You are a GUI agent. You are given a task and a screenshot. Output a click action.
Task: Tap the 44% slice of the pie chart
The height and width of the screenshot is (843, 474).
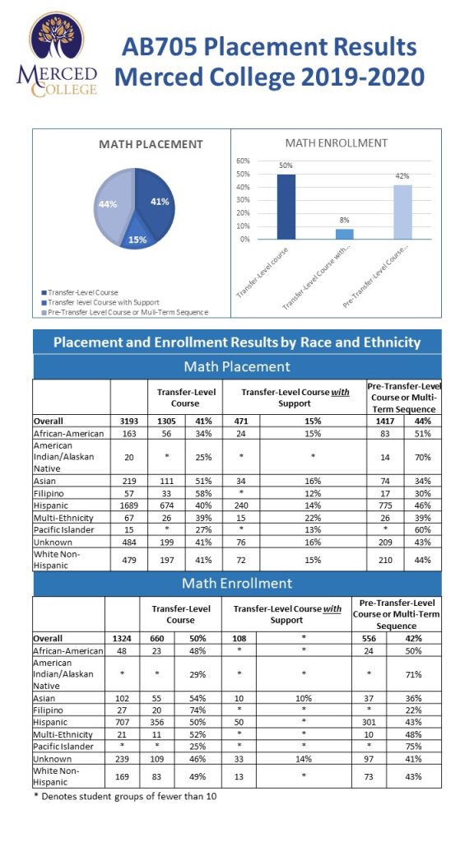pyautogui.click(x=112, y=204)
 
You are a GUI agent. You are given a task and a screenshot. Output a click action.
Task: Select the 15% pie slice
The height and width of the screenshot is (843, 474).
pyautogui.click(x=138, y=238)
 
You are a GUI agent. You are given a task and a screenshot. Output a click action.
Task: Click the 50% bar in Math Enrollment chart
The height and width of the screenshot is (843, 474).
pyautogui.click(x=286, y=207)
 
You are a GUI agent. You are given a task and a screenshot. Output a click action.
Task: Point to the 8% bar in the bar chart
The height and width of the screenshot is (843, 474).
pyautogui.click(x=345, y=234)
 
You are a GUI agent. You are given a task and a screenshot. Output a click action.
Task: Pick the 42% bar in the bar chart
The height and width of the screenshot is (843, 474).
pyautogui.click(x=402, y=212)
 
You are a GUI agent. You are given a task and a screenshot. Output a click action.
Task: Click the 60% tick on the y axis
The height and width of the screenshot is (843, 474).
pyautogui.click(x=243, y=161)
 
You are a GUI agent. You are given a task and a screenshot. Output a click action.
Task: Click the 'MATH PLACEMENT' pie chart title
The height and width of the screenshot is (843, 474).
pyautogui.click(x=151, y=144)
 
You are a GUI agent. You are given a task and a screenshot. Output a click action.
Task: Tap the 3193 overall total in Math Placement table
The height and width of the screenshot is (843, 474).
pyautogui.click(x=129, y=421)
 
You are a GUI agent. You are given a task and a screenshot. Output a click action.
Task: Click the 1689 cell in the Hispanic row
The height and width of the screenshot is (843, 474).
pyautogui.click(x=129, y=505)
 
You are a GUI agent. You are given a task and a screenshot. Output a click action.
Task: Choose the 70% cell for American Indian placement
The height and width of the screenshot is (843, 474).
pyautogui.click(x=422, y=458)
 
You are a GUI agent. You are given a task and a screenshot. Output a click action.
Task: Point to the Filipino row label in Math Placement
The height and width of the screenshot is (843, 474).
pyautogui.click(x=47, y=493)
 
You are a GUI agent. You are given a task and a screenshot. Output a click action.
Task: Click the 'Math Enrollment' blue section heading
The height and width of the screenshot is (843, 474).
pyautogui.click(x=237, y=584)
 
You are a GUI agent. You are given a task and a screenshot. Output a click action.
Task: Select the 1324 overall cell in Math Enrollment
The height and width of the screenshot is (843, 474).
pyautogui.click(x=123, y=639)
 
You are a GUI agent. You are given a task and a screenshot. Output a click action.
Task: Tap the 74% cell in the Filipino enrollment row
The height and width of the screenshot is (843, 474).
pyautogui.click(x=197, y=710)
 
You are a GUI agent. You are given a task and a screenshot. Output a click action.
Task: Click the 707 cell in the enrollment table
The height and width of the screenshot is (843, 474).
pyautogui.click(x=123, y=722)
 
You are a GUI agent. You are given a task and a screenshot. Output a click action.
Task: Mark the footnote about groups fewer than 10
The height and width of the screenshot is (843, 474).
pyautogui.click(x=125, y=796)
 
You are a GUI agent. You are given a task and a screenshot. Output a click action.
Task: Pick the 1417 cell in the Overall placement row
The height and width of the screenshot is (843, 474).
pyautogui.click(x=385, y=421)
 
